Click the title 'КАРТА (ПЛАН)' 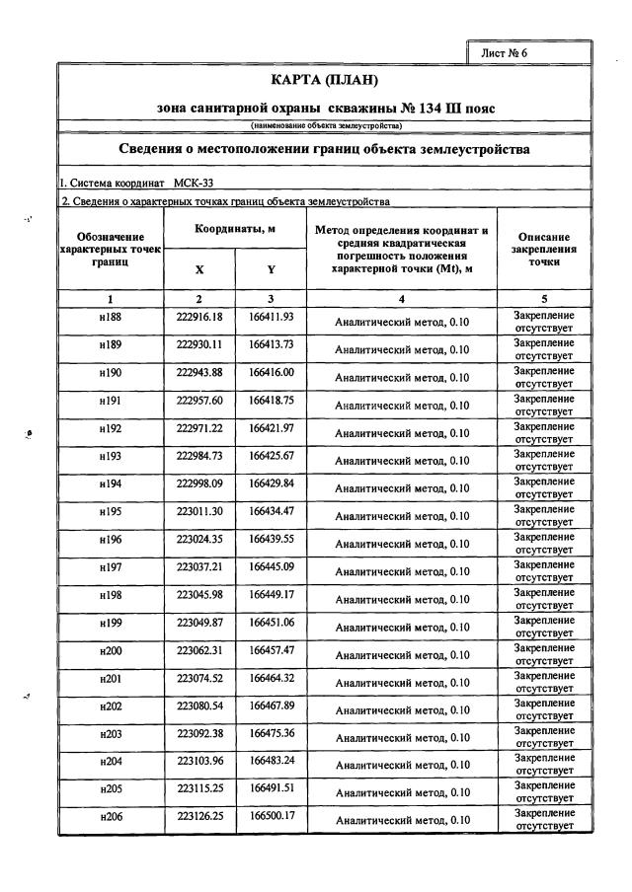(x=325, y=80)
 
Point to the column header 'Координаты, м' (x=235, y=229)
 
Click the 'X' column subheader (x=199, y=268)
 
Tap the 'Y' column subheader (x=271, y=268)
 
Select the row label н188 (x=110, y=317)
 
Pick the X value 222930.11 (x=199, y=344)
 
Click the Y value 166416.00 (x=271, y=372)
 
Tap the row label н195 (x=110, y=511)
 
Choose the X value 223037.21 (x=199, y=566)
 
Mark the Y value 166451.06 (x=271, y=623)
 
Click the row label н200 (x=110, y=650)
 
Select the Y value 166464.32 (x=271, y=678)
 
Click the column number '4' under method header (x=402, y=298)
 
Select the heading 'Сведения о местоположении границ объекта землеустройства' (x=325, y=150)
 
